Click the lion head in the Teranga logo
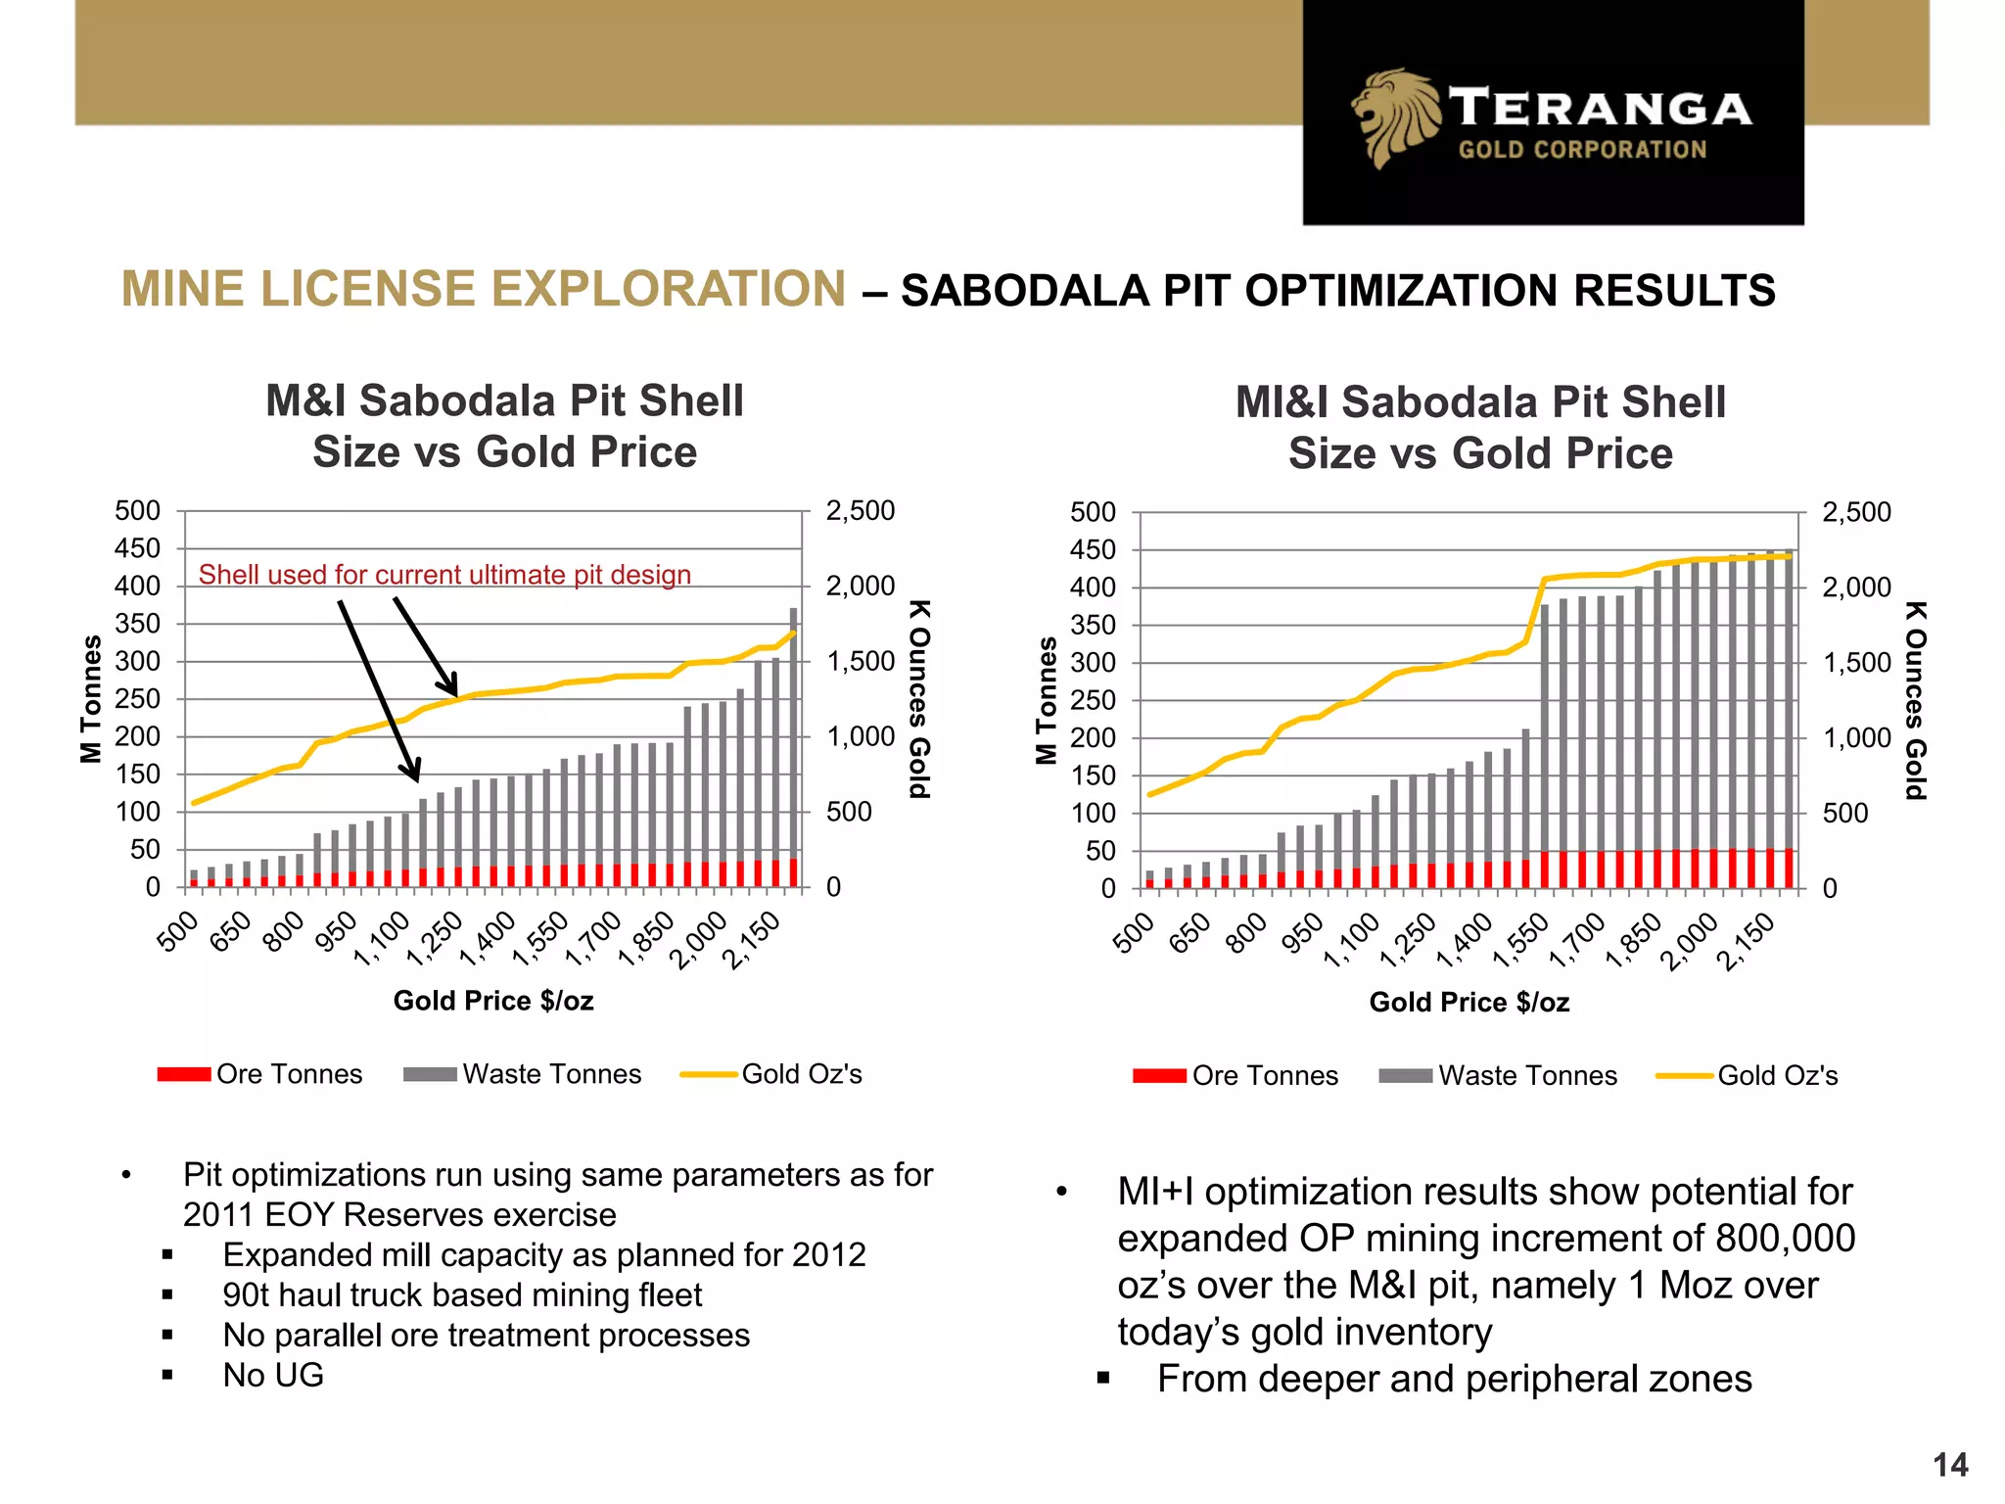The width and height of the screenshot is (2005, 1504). pos(1395,117)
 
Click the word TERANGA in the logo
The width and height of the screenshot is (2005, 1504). pos(1601,108)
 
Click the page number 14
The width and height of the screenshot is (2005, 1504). pos(1950,1465)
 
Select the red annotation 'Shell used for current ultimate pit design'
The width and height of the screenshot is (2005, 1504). pos(444,575)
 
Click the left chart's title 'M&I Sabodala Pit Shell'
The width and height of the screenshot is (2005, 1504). pos(504,401)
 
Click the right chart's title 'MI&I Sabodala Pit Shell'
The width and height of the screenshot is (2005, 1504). pos(1479,402)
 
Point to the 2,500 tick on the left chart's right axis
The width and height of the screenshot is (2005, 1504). pos(860,511)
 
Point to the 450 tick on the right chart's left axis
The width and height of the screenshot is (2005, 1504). pos(1093,550)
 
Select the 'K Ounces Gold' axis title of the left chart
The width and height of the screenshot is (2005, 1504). pos(918,699)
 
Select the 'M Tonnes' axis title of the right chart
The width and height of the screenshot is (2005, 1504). pos(1047,699)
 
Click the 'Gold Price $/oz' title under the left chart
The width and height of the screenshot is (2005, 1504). pos(493,1001)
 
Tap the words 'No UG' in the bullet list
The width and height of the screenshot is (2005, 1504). pos(273,1375)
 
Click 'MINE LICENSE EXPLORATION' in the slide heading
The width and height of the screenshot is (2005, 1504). pos(484,290)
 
